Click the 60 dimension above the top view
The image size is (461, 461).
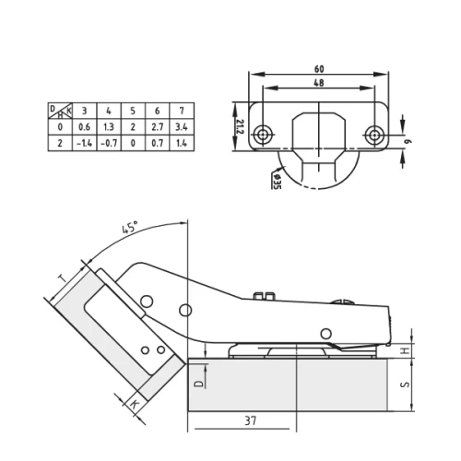coord(319,68)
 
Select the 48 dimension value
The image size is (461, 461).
coord(319,83)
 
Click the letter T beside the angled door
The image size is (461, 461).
coord(61,278)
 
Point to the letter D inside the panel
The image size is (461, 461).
coord(197,378)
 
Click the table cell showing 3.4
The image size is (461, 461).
coord(181,127)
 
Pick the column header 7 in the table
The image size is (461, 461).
coord(181,112)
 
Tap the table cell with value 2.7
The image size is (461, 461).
coord(156,127)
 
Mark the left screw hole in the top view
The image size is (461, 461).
coord(266,135)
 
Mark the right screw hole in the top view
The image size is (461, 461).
coord(373,135)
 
